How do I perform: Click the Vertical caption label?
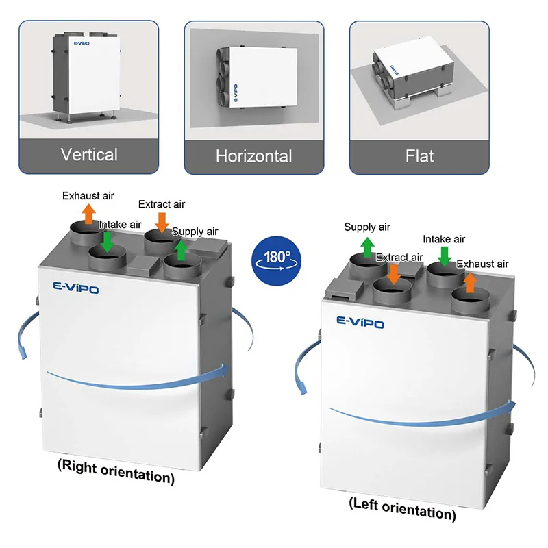click(89, 155)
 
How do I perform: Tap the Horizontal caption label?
click(253, 156)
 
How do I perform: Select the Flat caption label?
click(419, 156)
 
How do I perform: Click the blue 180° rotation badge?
click(276, 261)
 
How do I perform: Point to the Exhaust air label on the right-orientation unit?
click(88, 196)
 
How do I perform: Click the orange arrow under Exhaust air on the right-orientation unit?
click(89, 214)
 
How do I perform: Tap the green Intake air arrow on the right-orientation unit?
click(108, 242)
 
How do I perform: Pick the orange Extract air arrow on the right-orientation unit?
click(162, 223)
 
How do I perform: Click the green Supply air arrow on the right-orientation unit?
click(181, 250)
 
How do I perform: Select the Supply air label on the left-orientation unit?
click(367, 227)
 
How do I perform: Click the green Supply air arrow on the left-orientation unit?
click(367, 247)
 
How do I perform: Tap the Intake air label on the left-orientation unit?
click(444, 239)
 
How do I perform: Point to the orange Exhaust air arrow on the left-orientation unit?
click(471, 283)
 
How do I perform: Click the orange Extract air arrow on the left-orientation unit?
click(394, 275)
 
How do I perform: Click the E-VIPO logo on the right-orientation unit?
click(76, 288)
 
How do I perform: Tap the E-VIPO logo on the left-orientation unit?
click(360, 322)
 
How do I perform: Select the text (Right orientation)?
click(116, 472)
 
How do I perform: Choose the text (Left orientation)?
click(403, 509)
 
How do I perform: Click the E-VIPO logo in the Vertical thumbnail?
click(82, 43)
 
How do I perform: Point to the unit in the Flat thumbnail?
click(413, 73)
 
